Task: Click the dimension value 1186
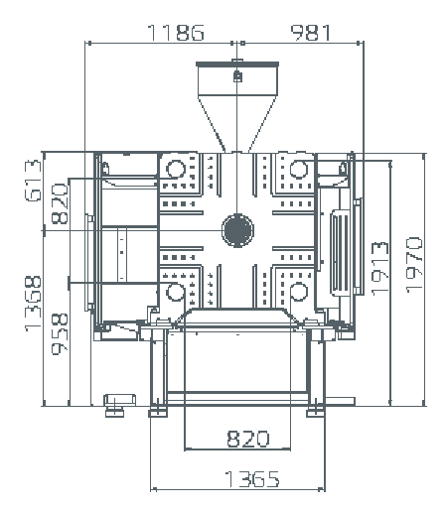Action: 176,33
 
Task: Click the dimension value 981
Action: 311,33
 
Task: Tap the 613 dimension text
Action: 33,181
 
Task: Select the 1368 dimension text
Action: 33,304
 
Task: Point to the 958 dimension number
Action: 60,333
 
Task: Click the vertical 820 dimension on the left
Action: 60,203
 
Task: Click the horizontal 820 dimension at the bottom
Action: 248,439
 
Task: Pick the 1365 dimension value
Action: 252,479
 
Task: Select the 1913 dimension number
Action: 379,269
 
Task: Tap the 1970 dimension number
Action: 414,265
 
